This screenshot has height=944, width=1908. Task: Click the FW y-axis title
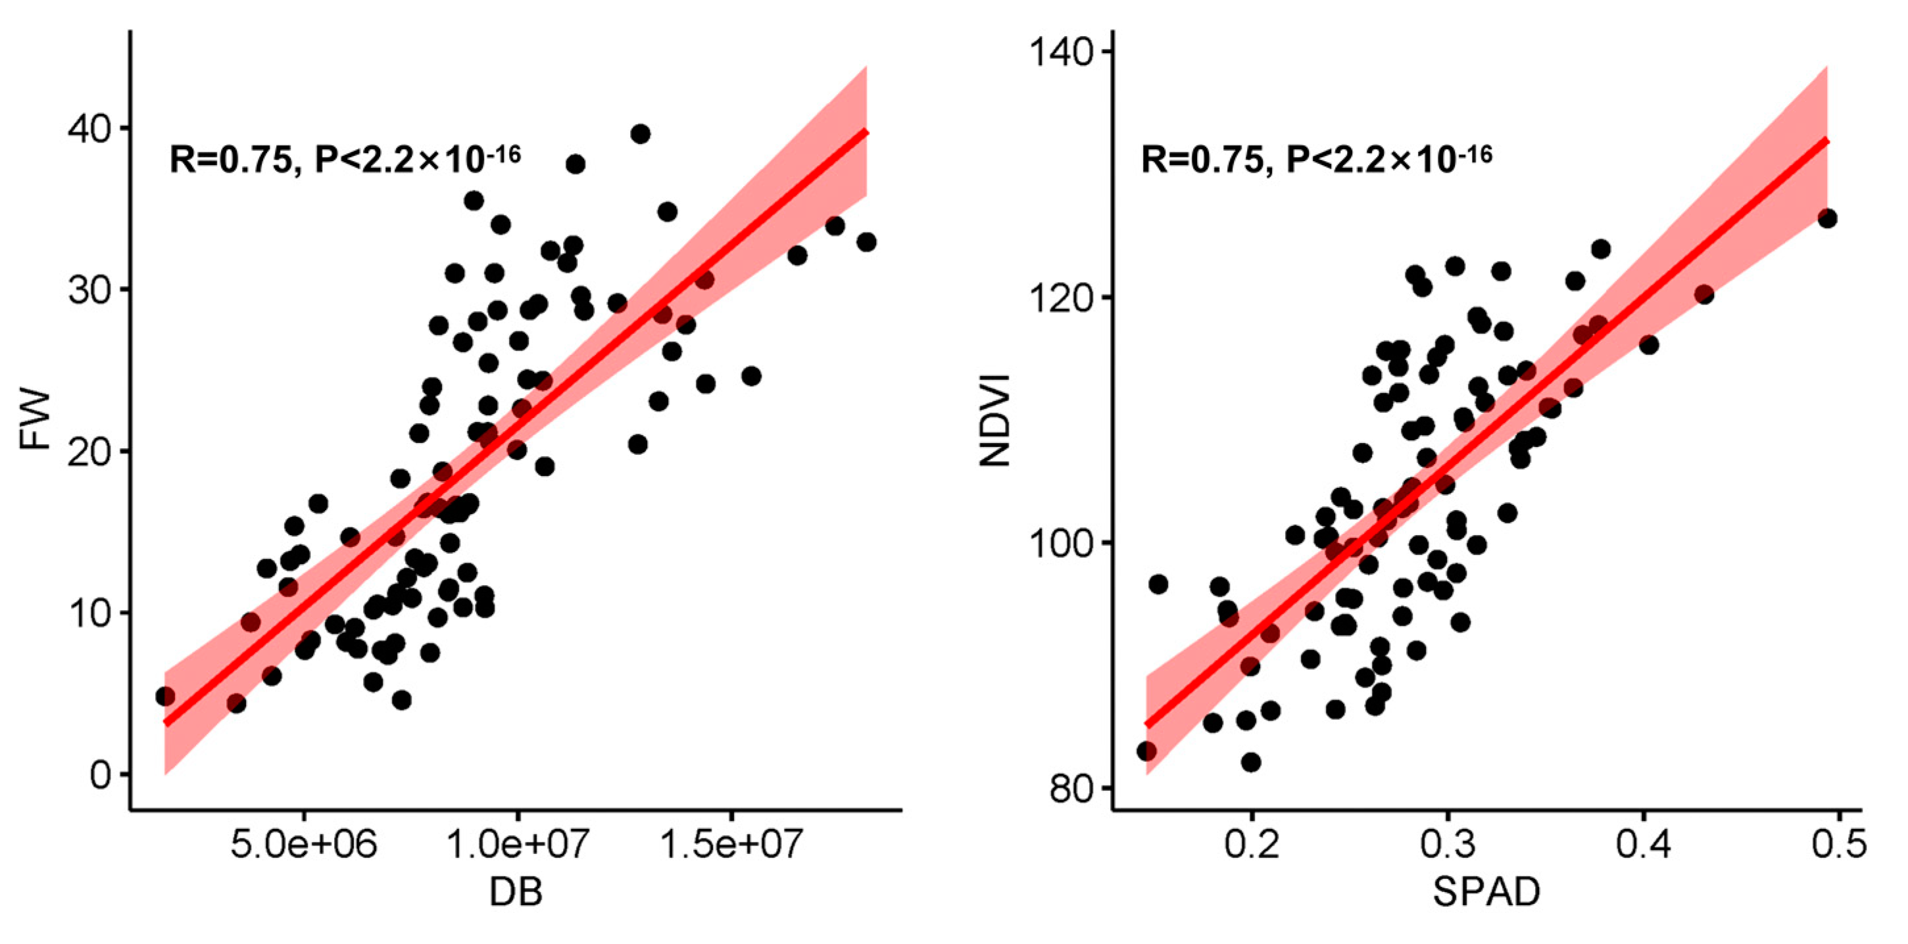tap(34, 421)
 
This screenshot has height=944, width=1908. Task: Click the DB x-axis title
tap(516, 892)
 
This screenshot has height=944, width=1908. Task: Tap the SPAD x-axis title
tap(1486, 892)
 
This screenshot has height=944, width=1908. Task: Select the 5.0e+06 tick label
tap(304, 845)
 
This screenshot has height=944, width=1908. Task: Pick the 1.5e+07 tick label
tap(731, 845)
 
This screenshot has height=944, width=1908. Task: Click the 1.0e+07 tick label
tap(517, 845)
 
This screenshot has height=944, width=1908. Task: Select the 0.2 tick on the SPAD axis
tap(1251, 845)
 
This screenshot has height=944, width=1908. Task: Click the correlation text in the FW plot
tap(345, 158)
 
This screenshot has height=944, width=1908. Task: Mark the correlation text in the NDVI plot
tap(1316, 158)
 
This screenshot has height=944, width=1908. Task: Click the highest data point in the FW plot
tap(641, 134)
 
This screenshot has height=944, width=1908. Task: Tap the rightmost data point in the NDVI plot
tap(1827, 218)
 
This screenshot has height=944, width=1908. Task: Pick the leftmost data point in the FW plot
tap(165, 696)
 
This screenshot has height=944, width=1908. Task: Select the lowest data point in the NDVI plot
tap(1251, 762)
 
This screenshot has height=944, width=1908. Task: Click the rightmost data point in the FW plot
tap(866, 242)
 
